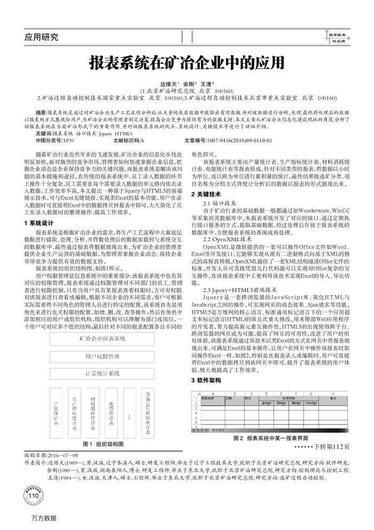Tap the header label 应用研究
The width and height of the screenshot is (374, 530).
[x=42, y=37]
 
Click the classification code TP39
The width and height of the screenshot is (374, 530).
[x=68, y=140]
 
